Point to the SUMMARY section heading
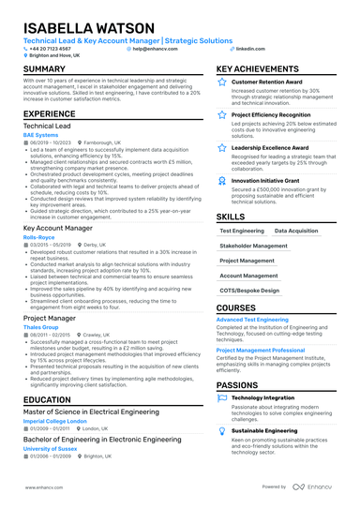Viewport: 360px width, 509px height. pos(44,70)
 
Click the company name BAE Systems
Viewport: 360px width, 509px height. pos(39,135)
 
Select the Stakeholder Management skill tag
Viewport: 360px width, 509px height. pos(254,245)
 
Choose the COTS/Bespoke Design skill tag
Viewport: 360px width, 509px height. pos(250,291)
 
